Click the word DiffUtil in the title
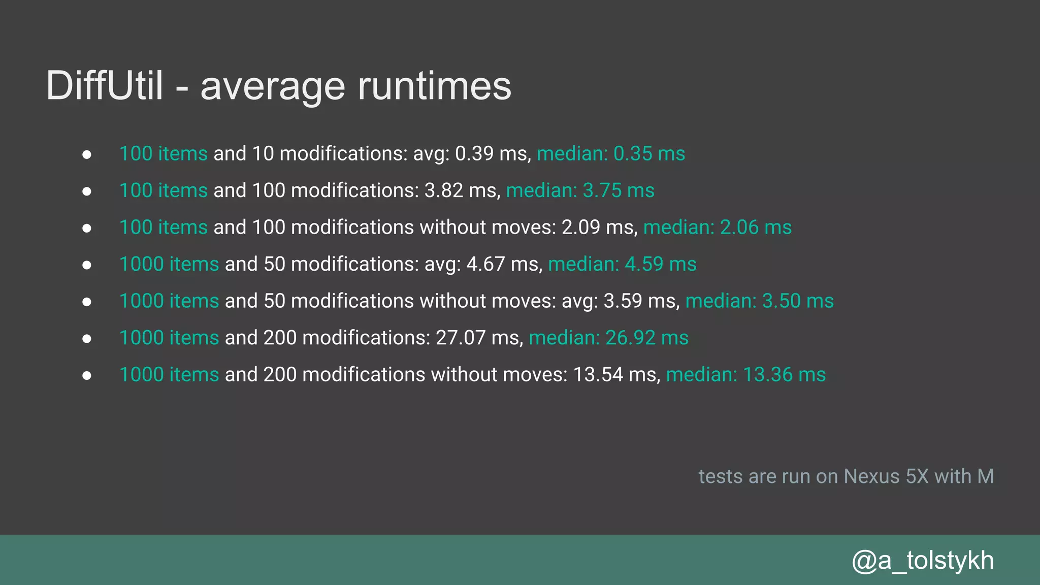click(105, 85)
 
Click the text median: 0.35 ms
click(611, 153)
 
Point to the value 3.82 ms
click(460, 190)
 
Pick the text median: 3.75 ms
click(580, 190)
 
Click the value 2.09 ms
click(597, 227)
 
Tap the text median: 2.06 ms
click(718, 227)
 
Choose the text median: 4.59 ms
click(622, 264)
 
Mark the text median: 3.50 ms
click(760, 301)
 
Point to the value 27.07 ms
click(477, 338)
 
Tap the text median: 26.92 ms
click(608, 338)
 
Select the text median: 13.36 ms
click(746, 374)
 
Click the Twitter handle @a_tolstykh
click(922, 560)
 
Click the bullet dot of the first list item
click(87, 154)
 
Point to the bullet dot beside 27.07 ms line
click(87, 339)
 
